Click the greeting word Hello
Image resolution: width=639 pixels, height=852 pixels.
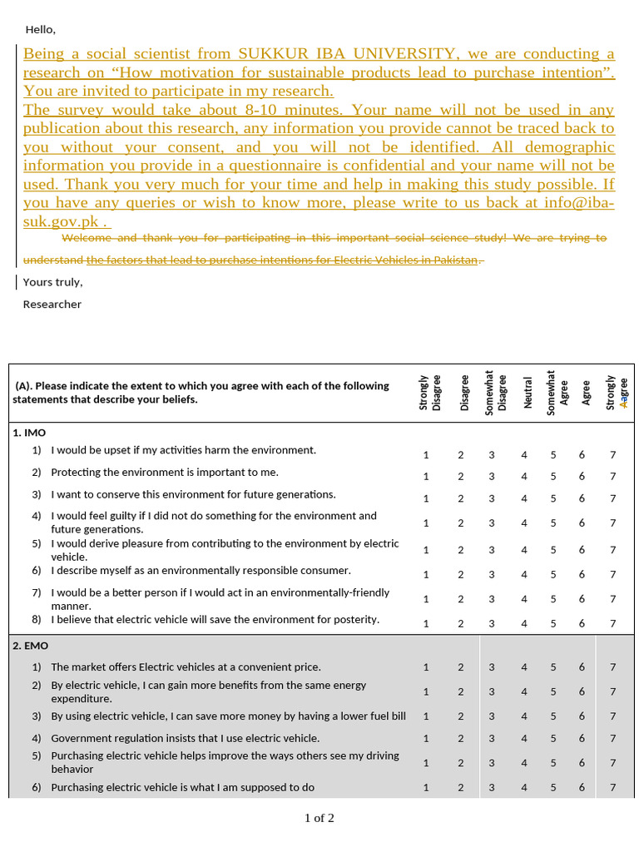[40, 30]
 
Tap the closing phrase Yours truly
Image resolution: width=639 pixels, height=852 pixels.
[52, 282]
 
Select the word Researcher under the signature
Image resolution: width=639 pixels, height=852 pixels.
[52, 305]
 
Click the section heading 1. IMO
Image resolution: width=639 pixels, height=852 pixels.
[29, 433]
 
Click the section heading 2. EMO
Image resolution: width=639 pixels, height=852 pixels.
[30, 646]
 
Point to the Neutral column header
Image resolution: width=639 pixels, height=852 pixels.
[526, 390]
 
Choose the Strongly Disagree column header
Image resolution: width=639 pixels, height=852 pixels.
[430, 391]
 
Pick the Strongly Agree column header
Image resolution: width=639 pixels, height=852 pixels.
[617, 391]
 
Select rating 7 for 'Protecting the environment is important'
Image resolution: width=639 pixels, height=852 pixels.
[613, 477]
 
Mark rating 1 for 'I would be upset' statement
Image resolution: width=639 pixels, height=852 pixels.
[426, 455]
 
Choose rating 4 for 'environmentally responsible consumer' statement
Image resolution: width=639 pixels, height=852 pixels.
[524, 575]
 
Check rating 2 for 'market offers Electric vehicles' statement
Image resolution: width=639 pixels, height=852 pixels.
[460, 667]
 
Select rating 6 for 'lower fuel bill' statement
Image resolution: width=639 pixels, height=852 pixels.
[582, 716]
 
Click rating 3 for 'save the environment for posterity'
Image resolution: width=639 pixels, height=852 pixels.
[492, 624]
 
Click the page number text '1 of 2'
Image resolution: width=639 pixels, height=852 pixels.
[319, 818]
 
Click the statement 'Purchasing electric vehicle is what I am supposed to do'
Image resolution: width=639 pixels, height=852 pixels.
[182, 788]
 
